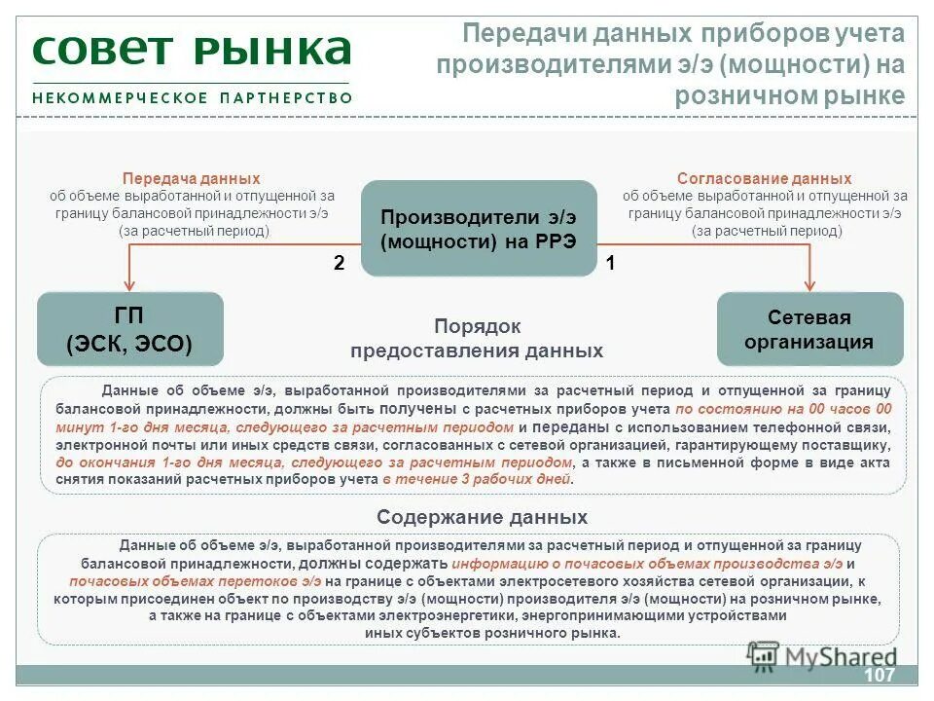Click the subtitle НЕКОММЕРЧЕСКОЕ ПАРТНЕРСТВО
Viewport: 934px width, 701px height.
[192, 98]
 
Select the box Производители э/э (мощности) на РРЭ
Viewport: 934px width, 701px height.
[479, 229]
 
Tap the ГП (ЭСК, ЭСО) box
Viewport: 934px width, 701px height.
[129, 329]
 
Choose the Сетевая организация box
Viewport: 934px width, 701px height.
[808, 330]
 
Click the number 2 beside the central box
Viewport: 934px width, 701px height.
[339, 263]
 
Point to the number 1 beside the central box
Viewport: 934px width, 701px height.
[611, 263]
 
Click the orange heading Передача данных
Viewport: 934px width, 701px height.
[192, 179]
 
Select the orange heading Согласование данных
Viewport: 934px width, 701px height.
[764, 179]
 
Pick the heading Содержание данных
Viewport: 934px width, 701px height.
[482, 517]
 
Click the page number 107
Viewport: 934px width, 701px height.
[879, 676]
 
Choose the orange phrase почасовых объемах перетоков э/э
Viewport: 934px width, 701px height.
[196, 580]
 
